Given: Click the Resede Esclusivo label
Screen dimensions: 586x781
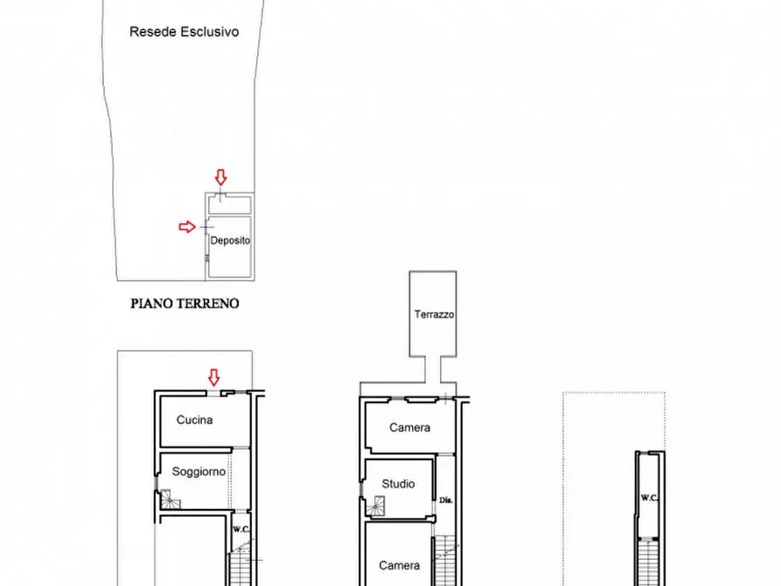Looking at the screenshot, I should pos(184,31).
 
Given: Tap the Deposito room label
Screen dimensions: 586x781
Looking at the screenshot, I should pos(230,241).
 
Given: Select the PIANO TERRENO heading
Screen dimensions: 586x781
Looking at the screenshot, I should pos(185,304).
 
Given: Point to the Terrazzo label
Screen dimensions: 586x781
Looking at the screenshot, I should pos(434,315).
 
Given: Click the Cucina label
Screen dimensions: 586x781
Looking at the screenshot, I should pos(194,420).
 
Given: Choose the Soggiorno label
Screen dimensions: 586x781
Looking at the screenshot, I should pos(199,471).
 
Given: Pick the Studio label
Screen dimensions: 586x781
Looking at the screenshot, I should pos(398,484).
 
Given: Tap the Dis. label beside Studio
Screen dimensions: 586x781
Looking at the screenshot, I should pos(445,501).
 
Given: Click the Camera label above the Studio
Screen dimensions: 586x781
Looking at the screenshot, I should pos(409,428).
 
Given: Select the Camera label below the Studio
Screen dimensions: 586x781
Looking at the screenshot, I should pos(399,566).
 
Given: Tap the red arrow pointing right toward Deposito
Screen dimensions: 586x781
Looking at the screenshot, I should pos(187,227).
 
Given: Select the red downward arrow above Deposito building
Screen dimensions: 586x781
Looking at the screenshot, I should pos(220,178).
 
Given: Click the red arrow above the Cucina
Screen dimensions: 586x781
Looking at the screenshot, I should pos(213,377).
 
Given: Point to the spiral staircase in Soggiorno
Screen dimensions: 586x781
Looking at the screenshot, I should pos(170,499).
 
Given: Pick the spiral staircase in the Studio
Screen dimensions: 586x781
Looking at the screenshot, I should pos(378,505).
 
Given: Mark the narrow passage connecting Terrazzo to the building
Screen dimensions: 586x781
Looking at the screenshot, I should pos(434,370).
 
